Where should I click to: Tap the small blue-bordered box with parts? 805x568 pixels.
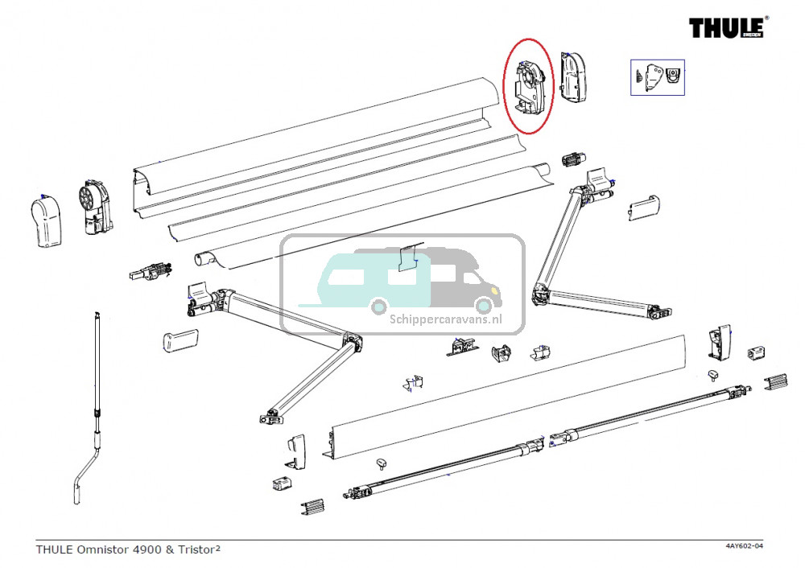657,78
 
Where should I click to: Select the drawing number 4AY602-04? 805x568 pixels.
744,547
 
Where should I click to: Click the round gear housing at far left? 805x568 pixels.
94,208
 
